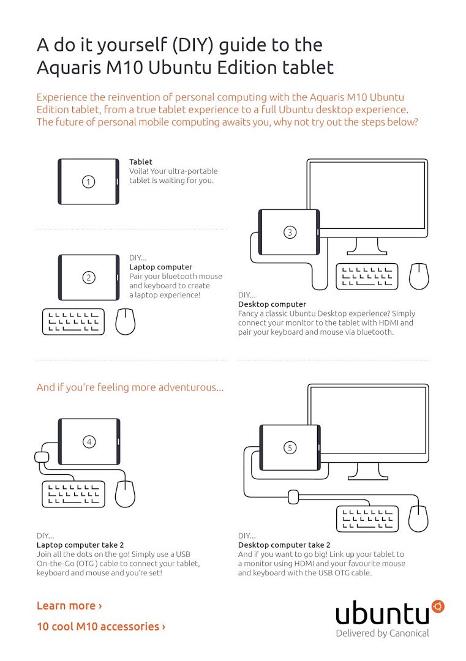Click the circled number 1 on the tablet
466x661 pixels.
coord(89,182)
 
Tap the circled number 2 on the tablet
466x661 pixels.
coord(89,278)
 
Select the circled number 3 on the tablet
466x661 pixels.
coord(290,232)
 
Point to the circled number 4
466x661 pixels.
coord(89,441)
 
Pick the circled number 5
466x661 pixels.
coord(290,448)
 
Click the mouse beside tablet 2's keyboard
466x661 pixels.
coord(126,321)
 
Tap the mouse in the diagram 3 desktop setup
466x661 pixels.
coord(419,277)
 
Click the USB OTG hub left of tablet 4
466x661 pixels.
coord(41,457)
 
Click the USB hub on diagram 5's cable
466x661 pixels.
coord(293,496)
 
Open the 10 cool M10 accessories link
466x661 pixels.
coord(101,626)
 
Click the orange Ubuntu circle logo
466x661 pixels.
coord(437,607)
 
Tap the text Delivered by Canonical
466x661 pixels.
coord(382,633)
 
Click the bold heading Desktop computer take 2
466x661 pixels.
coord(284,545)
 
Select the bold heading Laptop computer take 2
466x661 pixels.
coord(80,545)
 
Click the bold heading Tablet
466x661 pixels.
coord(140,162)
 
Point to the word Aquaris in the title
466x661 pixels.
coord(69,66)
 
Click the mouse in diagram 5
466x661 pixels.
coord(419,518)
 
